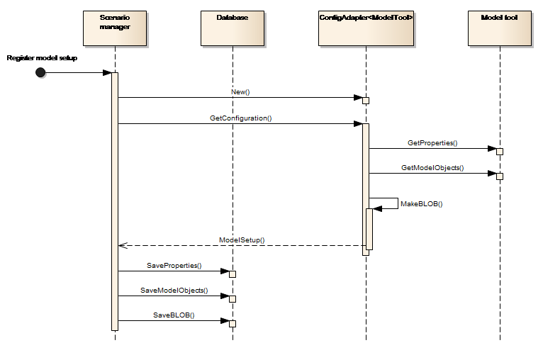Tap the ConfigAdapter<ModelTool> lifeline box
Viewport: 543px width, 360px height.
[365, 27]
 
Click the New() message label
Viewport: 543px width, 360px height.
[241, 92]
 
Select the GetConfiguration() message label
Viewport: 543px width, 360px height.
[241, 118]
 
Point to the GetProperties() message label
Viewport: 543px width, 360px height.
[432, 143]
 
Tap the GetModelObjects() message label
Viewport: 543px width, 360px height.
[432, 168]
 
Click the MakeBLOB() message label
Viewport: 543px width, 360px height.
[422, 204]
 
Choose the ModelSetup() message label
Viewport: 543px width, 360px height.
[242, 240]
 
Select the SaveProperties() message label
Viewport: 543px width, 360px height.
[174, 266]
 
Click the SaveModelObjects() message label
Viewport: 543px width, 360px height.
[174, 291]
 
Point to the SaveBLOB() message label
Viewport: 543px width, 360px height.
[174, 315]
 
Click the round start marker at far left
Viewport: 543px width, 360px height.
[41, 74]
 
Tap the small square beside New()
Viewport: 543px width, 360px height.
[366, 101]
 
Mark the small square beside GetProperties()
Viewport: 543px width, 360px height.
[500, 152]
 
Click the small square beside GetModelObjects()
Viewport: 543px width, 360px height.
[500, 176]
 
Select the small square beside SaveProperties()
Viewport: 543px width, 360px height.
[233, 274]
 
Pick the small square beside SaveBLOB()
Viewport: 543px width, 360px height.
[233, 324]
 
